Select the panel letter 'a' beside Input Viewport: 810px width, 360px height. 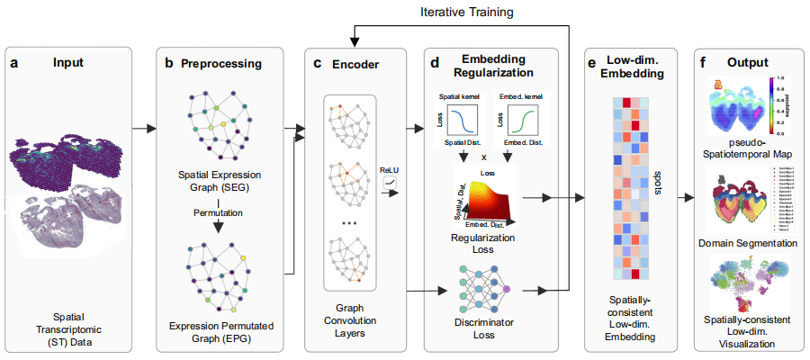pos(14,63)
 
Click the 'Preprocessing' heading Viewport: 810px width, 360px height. pos(221,64)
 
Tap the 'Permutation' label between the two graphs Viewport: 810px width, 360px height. pos(220,214)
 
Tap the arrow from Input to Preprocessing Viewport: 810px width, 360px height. pos(142,129)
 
